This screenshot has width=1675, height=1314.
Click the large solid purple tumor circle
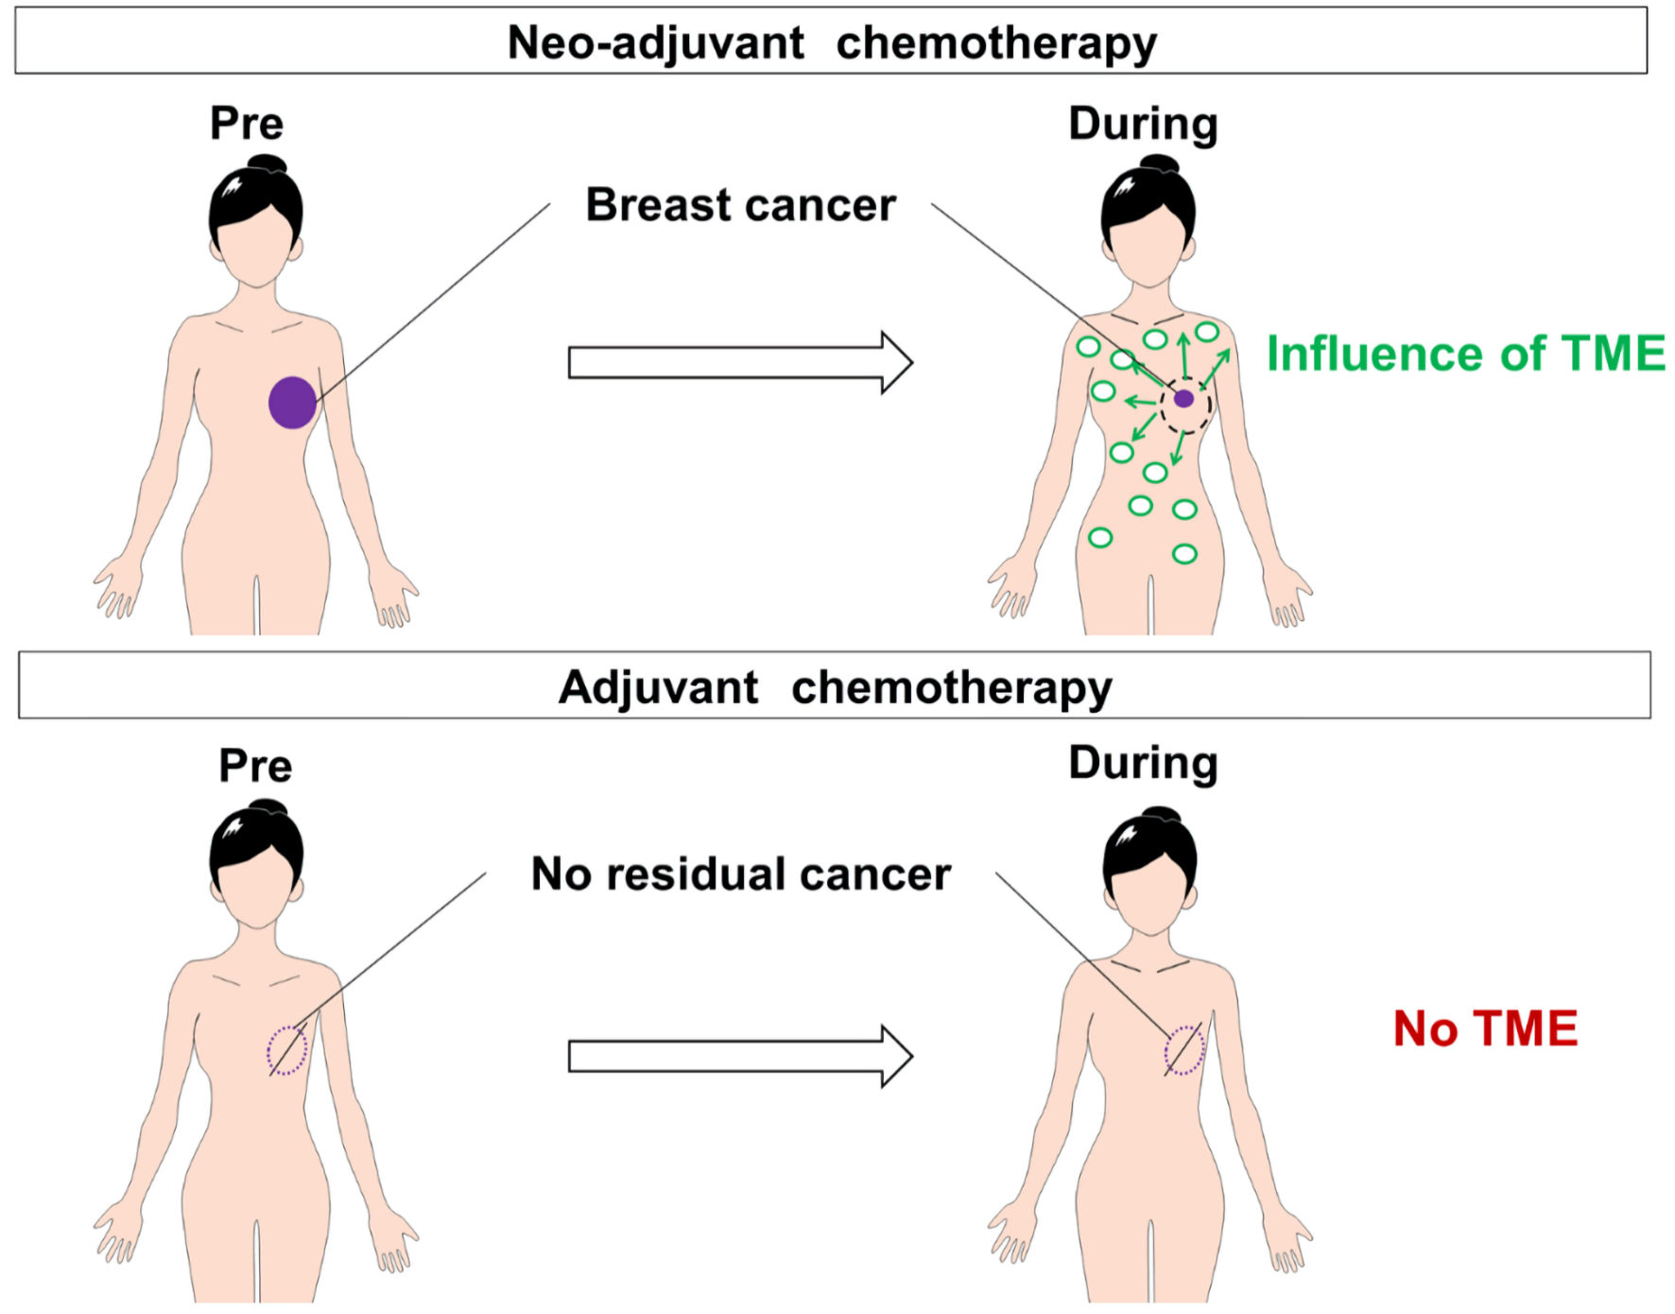pos(292,403)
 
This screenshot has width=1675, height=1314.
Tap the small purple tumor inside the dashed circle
pos(1183,399)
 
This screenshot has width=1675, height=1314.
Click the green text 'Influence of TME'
pos(1465,354)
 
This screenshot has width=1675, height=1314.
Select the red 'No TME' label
pos(1485,1029)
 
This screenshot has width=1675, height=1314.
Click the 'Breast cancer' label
pos(740,205)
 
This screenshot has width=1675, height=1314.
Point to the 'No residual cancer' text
pos(740,874)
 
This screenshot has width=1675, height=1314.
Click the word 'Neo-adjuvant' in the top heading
pos(656,43)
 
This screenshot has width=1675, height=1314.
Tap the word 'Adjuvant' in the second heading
pos(658,687)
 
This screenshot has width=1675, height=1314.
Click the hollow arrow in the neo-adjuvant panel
pos(739,363)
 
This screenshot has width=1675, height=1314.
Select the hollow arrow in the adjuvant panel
pos(739,1056)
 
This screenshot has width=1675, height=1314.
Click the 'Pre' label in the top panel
pos(247,124)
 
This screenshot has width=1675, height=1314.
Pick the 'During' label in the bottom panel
pos(1143,764)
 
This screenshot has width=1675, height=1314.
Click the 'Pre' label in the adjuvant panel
pos(255,766)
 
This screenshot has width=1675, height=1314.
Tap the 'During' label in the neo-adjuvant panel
pos(1143,124)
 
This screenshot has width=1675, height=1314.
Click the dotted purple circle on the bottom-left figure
pos(287,1050)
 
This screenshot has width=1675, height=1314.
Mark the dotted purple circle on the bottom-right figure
pos(1184,1050)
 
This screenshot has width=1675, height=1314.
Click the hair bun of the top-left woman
pos(267,164)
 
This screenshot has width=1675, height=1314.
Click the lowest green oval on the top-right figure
pos(1184,554)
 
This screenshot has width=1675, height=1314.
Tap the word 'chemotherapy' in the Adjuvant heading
pos(951,687)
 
